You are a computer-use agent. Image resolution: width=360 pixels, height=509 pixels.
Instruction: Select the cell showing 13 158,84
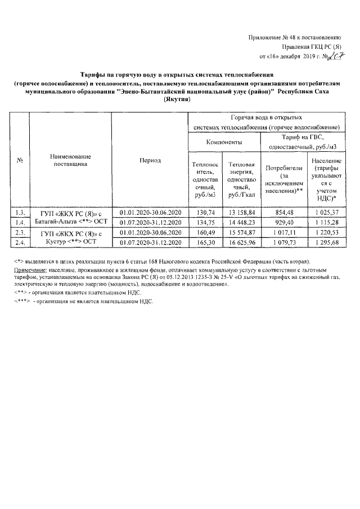(242, 213)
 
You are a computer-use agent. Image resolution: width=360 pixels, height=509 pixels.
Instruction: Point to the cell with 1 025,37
(326, 213)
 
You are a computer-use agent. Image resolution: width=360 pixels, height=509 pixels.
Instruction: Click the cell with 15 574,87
(242, 233)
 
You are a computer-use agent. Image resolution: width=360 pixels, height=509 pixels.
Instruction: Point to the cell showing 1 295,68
(326, 242)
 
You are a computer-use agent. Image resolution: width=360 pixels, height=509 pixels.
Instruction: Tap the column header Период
(150, 161)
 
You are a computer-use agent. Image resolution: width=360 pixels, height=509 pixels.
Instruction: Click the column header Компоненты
(224, 142)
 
